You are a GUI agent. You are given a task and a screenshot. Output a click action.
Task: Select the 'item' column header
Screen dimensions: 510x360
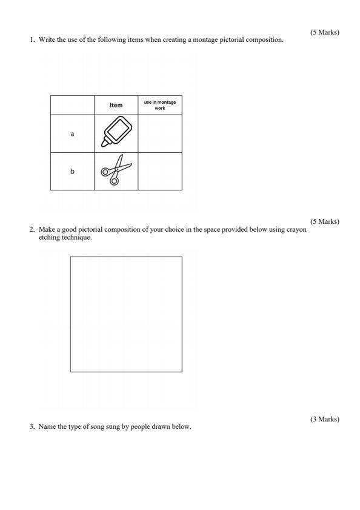116,105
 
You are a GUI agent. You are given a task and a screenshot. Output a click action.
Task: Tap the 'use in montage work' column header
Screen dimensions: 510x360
160,105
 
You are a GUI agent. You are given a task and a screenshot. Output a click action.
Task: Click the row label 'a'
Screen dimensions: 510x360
72,133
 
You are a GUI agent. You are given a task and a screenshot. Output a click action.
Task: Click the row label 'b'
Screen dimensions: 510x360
72,172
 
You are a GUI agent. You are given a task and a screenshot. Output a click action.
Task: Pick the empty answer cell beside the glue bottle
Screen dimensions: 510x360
160,133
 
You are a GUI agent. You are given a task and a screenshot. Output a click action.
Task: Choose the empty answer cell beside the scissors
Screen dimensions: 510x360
160,172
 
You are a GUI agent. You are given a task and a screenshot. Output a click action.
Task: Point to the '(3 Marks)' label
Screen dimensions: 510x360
324,419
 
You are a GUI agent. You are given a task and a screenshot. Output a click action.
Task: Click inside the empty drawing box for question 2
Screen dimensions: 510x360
126,314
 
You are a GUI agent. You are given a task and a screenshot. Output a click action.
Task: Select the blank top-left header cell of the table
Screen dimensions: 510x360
72,105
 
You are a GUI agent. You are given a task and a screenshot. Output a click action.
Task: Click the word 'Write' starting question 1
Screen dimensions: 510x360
45,39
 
